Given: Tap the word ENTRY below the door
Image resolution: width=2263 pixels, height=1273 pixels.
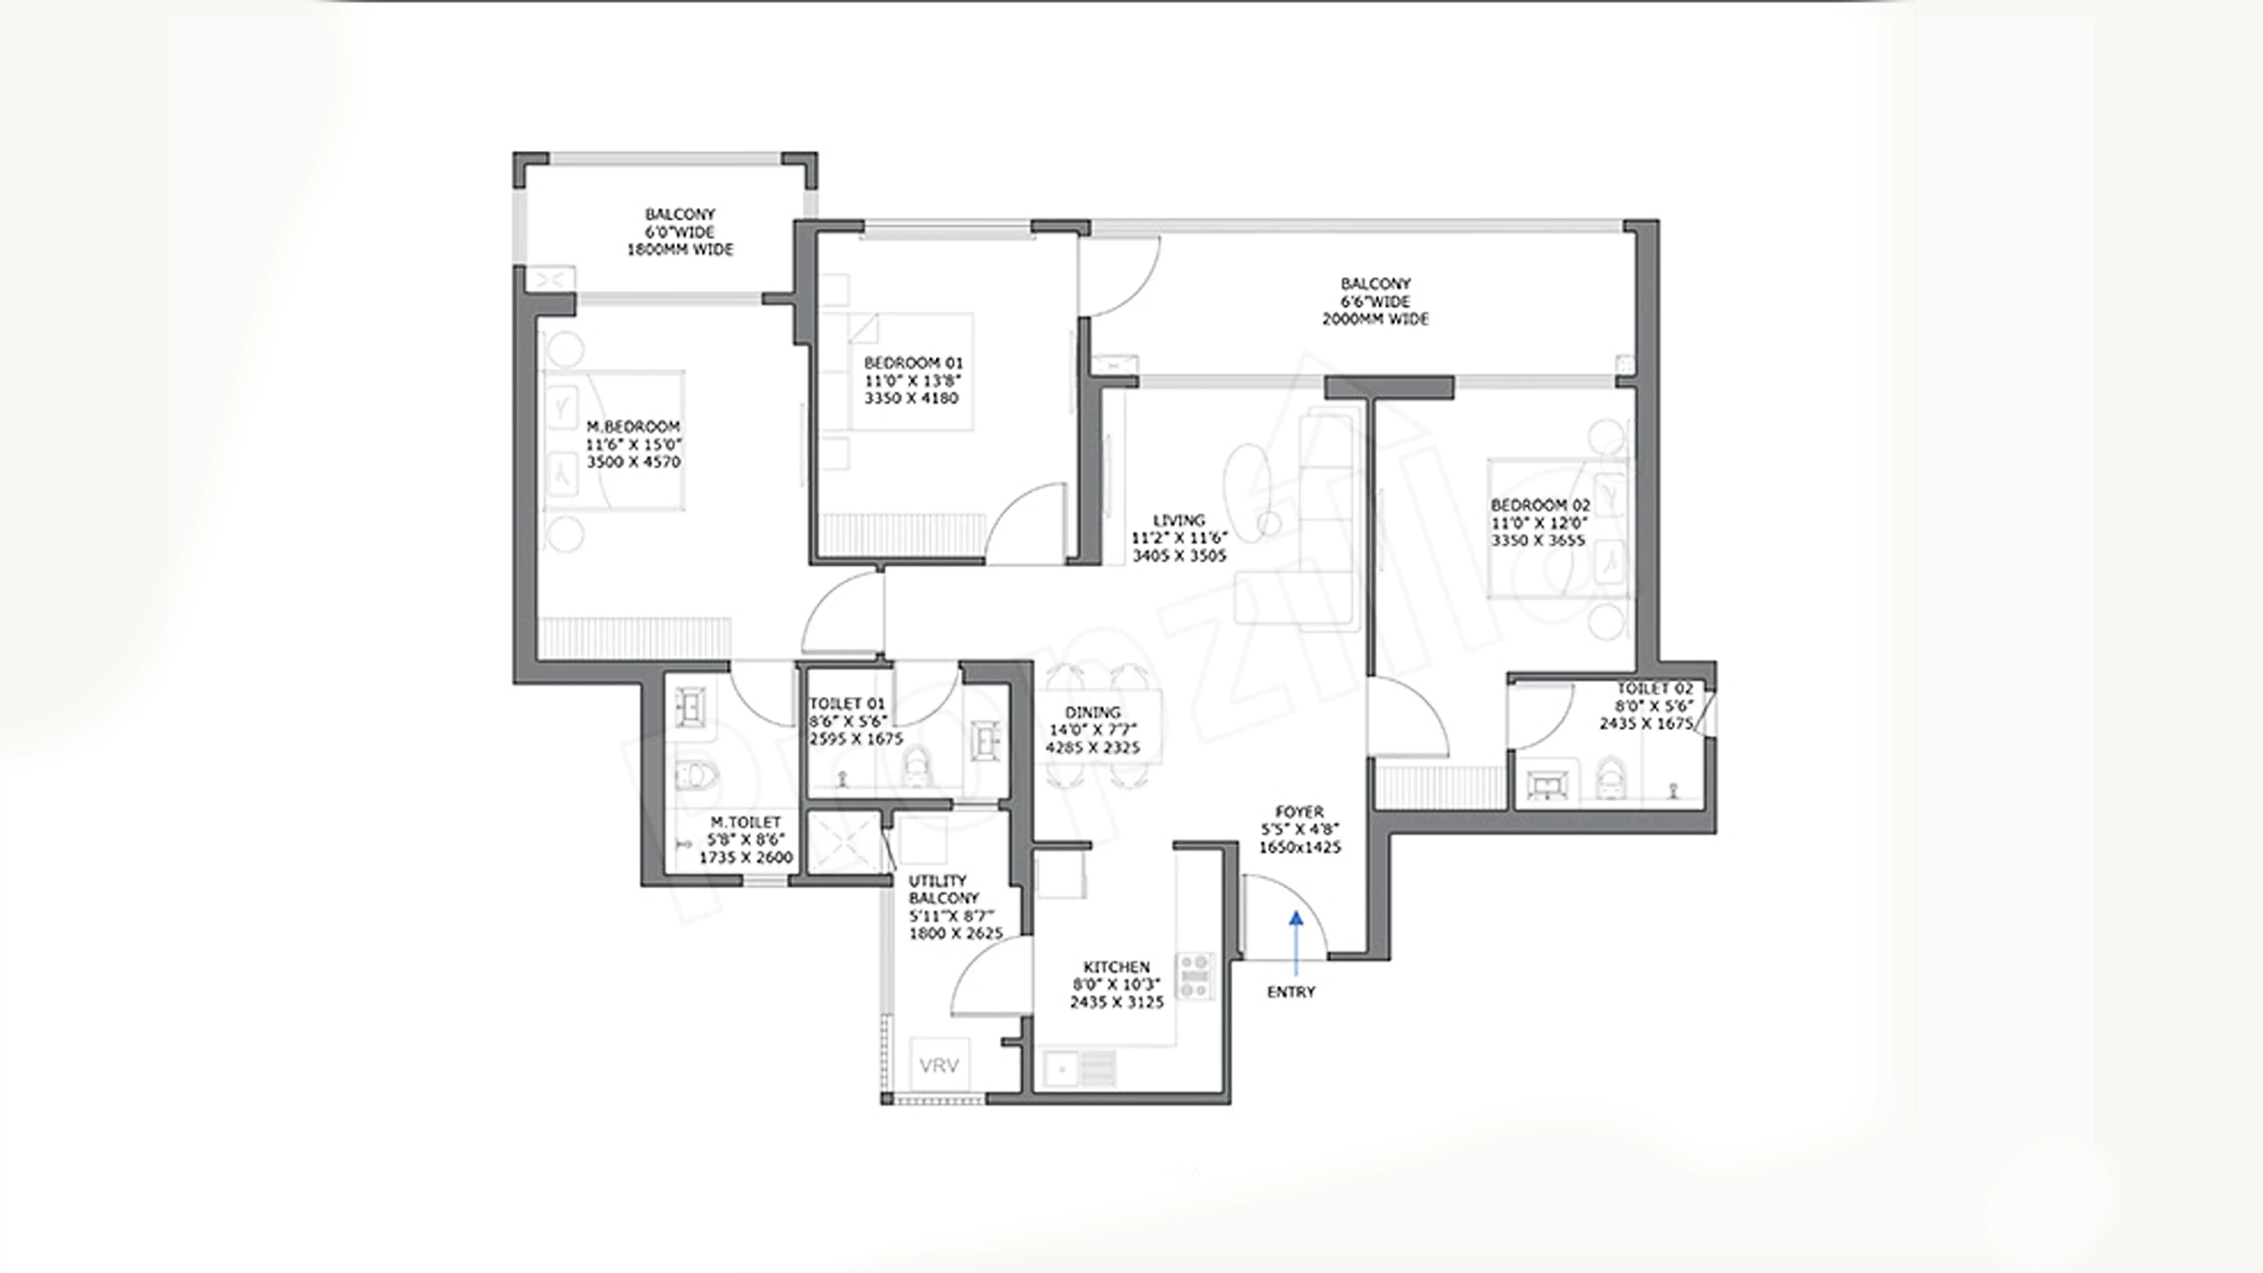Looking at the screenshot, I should coord(1290,992).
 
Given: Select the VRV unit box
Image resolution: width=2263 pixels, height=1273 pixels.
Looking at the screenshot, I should coord(939,1065).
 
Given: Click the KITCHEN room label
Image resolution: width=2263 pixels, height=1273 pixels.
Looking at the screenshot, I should coord(1116,966).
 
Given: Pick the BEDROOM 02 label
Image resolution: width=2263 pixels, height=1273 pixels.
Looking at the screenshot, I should coord(1540,505).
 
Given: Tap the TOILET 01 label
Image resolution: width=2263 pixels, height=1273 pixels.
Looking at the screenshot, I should coord(847,704).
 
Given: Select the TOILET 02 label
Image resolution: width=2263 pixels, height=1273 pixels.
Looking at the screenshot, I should coord(1654,689).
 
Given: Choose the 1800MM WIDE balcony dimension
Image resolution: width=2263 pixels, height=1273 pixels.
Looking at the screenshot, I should coord(679,250).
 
